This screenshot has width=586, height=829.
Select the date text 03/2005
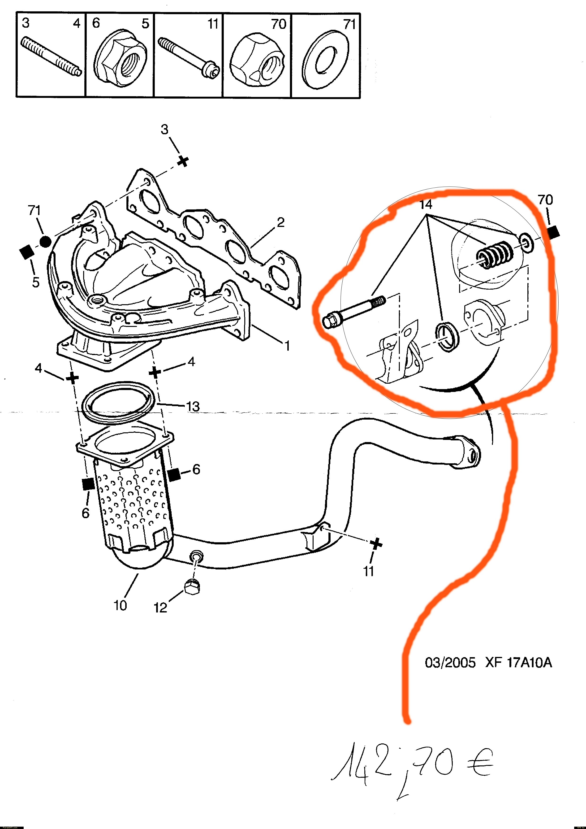(450, 663)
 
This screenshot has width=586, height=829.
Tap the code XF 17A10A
(518, 663)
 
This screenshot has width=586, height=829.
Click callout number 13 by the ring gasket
(193, 407)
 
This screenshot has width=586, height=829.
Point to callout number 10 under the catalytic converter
(120, 606)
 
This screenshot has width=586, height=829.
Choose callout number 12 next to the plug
(161, 608)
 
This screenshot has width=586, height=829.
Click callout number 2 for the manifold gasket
(281, 222)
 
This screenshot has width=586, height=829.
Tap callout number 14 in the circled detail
(426, 205)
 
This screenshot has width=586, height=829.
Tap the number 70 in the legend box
(279, 24)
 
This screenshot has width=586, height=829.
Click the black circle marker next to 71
(45, 242)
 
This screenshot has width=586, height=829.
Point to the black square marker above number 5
(26, 252)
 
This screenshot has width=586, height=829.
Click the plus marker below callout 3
(184, 161)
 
